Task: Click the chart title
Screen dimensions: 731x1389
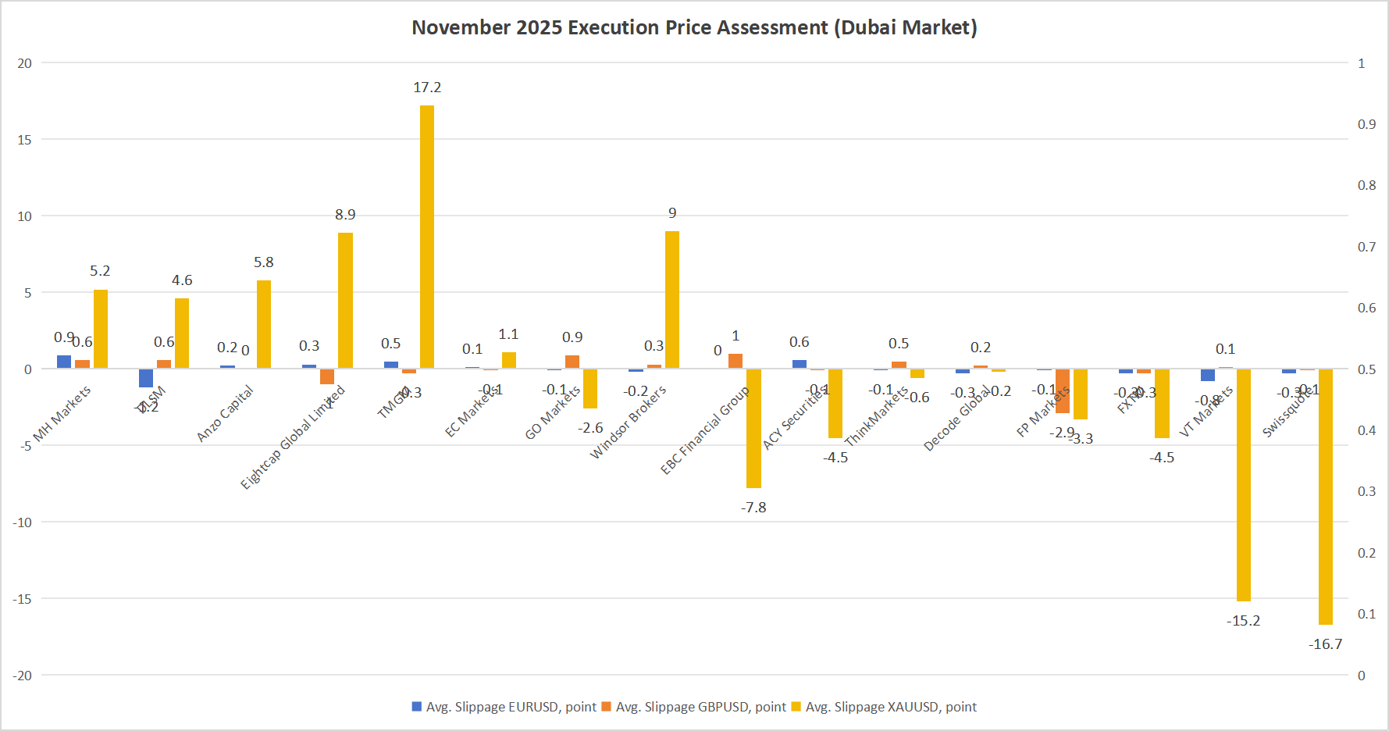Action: tap(694, 27)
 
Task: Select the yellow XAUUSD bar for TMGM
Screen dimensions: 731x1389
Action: tap(427, 237)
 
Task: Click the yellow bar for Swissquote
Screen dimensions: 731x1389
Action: tap(1325, 497)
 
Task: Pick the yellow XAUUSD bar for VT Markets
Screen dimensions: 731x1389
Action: tap(1243, 485)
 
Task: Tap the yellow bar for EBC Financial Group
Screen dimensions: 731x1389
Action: tap(753, 428)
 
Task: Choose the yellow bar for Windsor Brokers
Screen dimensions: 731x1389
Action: tap(672, 300)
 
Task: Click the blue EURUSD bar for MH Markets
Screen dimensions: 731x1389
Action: tap(64, 362)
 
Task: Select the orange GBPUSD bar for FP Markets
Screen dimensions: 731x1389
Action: tap(1063, 390)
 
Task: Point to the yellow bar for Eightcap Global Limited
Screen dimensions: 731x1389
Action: tap(345, 301)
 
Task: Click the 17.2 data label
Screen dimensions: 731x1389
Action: tap(427, 87)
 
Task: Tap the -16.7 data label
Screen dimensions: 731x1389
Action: tap(1325, 644)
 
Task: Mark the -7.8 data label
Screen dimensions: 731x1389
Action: tap(753, 508)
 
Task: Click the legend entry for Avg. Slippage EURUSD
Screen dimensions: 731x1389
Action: tap(504, 707)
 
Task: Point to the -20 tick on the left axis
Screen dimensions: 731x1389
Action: tap(23, 676)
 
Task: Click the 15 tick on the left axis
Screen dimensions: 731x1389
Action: tap(25, 140)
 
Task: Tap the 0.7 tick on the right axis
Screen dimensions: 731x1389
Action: tap(1366, 247)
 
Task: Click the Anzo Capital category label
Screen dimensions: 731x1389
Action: tap(226, 413)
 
